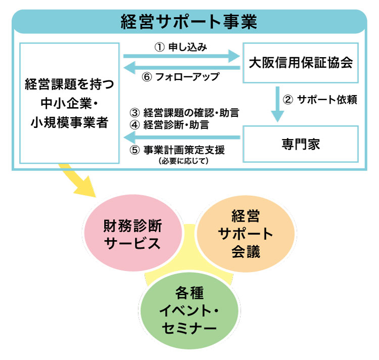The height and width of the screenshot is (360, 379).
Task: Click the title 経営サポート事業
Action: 189,22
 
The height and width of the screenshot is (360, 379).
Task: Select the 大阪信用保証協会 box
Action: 301,63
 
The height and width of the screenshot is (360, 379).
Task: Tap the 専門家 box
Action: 301,144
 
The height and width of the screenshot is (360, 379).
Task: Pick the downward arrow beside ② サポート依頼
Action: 277,104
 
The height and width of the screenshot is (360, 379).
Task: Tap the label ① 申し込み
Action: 181,46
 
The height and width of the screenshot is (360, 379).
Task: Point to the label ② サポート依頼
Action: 321,99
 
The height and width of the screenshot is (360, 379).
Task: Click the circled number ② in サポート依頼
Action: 288,99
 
